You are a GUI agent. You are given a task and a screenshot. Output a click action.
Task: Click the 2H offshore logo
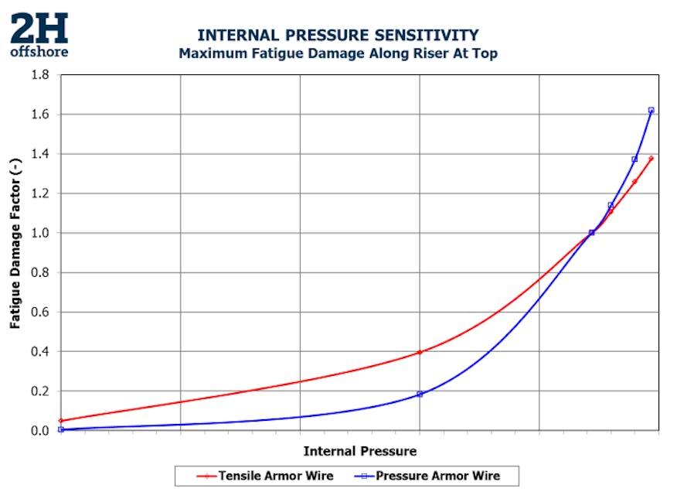click(x=39, y=35)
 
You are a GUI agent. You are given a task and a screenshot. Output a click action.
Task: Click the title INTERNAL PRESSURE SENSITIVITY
click(x=338, y=36)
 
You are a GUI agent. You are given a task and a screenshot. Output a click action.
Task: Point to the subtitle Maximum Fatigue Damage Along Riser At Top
click(x=338, y=54)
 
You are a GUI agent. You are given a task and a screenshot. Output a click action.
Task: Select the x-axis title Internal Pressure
click(x=359, y=451)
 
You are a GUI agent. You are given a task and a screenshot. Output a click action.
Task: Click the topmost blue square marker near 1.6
click(x=651, y=111)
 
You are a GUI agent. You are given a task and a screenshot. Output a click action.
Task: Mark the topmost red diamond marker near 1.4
click(x=651, y=159)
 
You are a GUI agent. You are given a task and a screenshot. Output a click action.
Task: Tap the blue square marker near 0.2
click(x=420, y=395)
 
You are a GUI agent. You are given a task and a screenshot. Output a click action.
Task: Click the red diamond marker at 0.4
click(x=420, y=352)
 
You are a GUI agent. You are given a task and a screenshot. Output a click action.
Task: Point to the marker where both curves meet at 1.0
click(x=592, y=233)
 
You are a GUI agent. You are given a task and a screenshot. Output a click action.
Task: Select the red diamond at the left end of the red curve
click(x=61, y=421)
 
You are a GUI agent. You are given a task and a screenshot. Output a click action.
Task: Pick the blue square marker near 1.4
click(x=634, y=159)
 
